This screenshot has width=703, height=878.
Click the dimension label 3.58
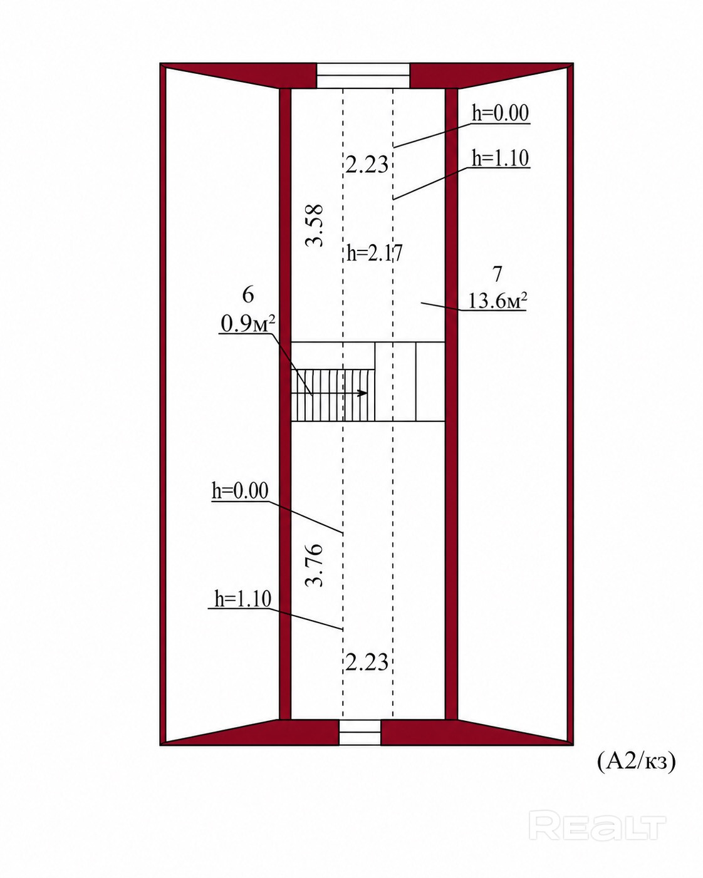315,225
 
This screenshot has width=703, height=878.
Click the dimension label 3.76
315,565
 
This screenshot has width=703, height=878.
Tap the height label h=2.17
374,253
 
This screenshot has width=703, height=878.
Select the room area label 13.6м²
497,301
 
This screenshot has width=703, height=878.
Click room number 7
497,274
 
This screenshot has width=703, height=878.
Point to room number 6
248,294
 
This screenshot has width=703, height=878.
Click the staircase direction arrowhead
362,393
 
